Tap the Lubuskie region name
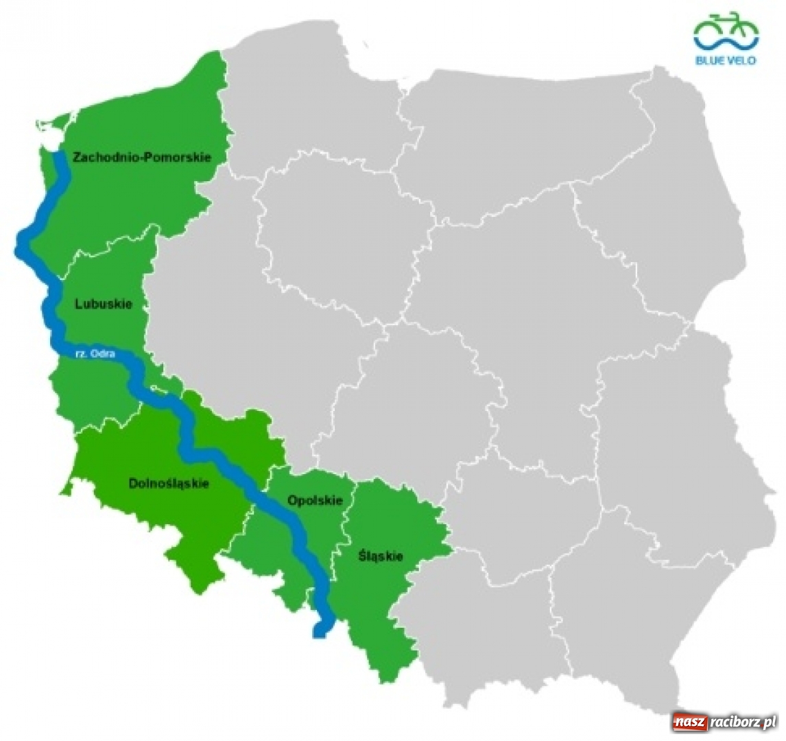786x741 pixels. coord(103,304)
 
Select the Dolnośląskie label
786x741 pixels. coord(169,484)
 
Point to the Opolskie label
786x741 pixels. coord(315,500)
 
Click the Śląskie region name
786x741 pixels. coord(380,556)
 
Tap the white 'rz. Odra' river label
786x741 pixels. coord(95,355)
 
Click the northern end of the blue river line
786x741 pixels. coord(61,157)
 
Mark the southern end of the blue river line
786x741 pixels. coord(319,631)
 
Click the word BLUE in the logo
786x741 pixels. coord(711,60)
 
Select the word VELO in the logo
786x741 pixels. coord(743,60)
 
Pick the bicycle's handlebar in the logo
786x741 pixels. coord(735,14)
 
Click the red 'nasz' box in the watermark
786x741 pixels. coord(689,722)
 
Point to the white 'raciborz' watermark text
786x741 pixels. coord(734,722)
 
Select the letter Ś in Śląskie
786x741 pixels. coord(361,556)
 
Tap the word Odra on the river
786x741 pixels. coord(105,355)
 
